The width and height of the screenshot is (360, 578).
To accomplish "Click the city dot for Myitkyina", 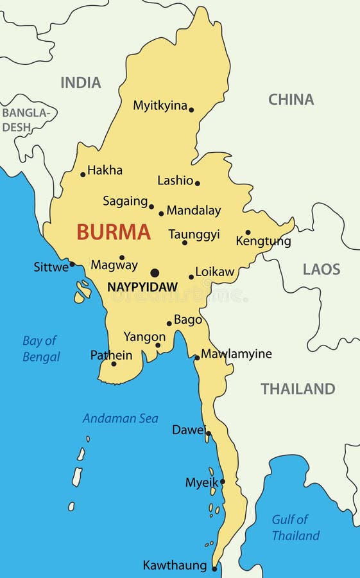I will coord(191,110).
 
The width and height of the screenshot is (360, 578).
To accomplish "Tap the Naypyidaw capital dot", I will coord(155,273).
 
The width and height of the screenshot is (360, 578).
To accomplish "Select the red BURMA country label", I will coord(114,232).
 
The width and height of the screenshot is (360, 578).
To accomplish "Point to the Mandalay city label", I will coord(193,211).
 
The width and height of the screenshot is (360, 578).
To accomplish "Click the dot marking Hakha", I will coord(83,174).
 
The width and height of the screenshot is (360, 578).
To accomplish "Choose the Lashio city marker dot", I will coord(197,183).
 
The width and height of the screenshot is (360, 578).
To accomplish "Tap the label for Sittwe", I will coord(51,267).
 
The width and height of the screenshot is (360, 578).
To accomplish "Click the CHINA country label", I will coord(291,100).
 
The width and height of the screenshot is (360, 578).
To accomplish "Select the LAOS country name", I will coord(321,269).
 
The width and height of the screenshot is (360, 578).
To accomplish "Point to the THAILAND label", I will coord(298,389).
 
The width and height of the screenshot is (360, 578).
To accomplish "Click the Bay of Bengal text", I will coord(41,349).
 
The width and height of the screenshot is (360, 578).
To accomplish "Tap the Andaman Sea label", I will coord(120,419).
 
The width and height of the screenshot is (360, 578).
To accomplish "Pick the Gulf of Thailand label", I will coord(295,527).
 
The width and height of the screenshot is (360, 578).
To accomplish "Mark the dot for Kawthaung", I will coord(214,568).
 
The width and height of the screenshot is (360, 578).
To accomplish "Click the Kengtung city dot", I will coord(248,232).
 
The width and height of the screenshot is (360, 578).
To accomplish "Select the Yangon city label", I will coord(144,337).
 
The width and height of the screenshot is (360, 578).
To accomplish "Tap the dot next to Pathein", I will coord(114,364).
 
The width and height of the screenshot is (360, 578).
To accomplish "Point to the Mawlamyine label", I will coord(236,354).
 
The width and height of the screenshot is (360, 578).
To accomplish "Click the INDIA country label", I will coord(81,83).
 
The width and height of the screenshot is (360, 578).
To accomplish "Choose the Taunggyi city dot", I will coord(185,243).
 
